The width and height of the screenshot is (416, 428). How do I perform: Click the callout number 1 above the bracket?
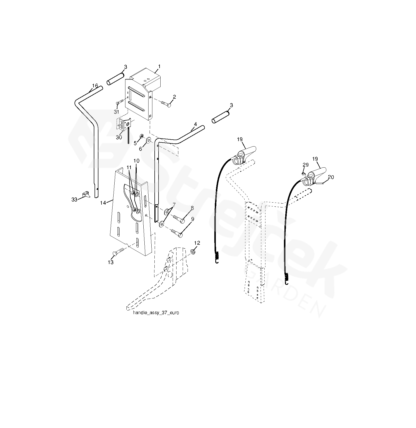click(159, 67)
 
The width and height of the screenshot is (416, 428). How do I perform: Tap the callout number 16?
click(95, 86)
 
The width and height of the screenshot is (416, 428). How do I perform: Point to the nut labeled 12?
click(192, 251)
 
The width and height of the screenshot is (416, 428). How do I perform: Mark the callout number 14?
click(103, 203)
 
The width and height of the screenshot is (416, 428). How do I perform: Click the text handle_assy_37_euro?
click(156, 313)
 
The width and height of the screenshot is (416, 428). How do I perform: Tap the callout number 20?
click(331, 177)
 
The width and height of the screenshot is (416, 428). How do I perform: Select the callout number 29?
click(306, 165)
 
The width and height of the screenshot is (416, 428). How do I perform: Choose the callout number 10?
click(136, 161)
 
